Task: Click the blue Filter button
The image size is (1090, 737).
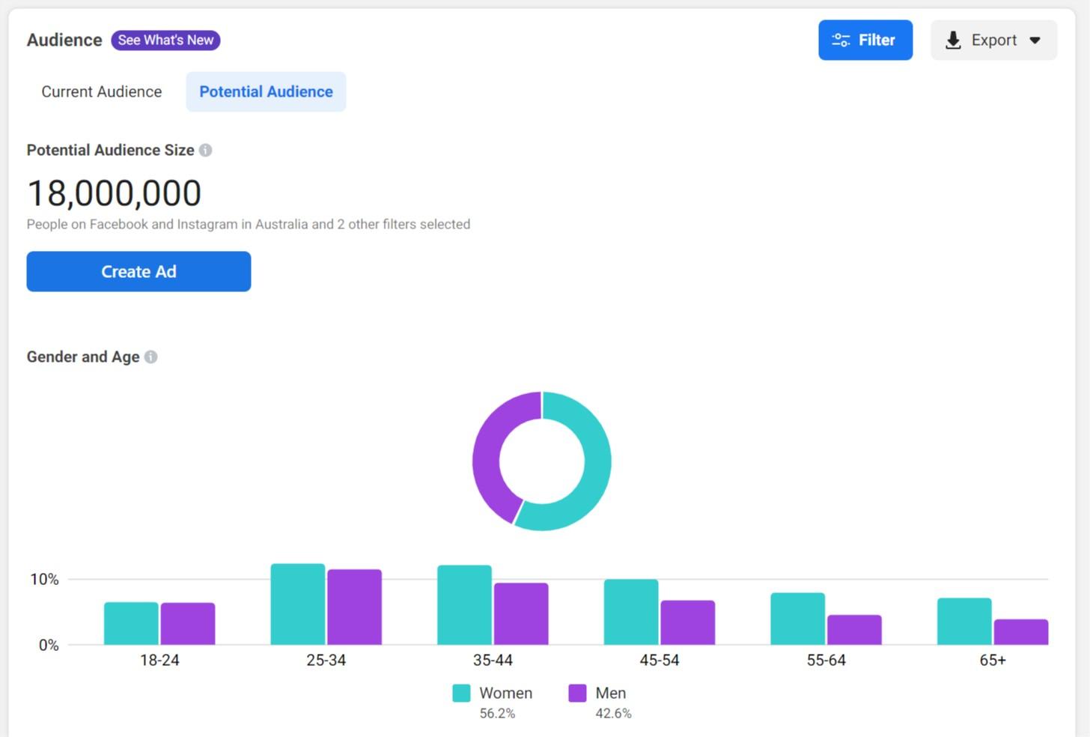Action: pos(865,40)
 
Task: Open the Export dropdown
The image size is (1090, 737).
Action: pos(993,40)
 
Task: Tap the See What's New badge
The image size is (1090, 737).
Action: pos(165,40)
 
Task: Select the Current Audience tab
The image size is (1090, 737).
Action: pos(102,92)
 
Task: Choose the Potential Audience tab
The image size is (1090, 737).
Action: pos(266,92)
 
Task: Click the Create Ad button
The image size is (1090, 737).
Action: pos(138,272)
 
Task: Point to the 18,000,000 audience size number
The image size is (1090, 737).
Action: pos(115,193)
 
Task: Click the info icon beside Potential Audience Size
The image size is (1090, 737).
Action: pos(206,151)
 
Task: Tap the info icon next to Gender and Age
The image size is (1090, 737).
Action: pos(151,357)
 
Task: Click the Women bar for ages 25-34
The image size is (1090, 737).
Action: pos(298,604)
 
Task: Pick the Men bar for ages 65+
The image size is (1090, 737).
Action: pos(1020,632)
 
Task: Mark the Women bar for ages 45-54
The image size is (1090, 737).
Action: pos(631,612)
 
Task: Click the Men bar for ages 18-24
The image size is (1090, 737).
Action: pos(188,624)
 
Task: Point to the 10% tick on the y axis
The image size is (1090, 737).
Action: pos(44,580)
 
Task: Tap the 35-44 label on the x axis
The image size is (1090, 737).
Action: pos(493,661)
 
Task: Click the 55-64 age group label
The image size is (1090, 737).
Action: pos(826,661)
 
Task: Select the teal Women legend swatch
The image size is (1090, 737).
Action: pos(461,694)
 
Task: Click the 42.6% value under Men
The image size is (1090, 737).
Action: pos(613,714)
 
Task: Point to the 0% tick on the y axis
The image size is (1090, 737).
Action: pos(49,646)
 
